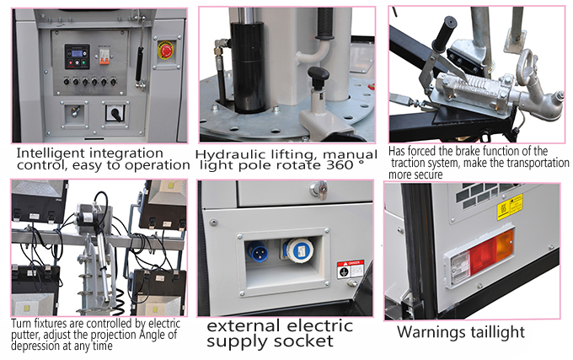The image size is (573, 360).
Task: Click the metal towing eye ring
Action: point(528,67)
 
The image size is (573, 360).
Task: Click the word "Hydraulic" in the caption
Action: point(228,155)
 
